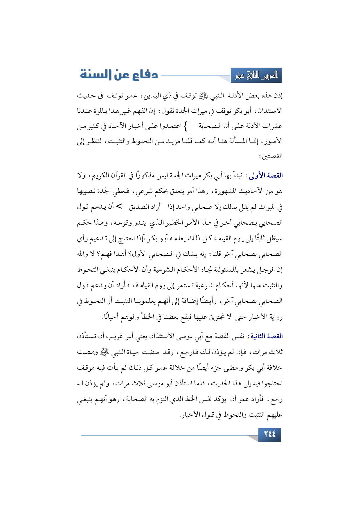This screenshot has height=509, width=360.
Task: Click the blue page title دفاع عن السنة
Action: (x=119, y=75)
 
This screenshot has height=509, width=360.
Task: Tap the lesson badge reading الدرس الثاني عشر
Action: (x=256, y=76)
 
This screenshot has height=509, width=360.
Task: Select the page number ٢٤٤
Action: (x=269, y=434)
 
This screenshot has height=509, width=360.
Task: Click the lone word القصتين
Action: (x=271, y=156)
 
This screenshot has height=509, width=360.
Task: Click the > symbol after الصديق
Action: (x=119, y=207)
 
